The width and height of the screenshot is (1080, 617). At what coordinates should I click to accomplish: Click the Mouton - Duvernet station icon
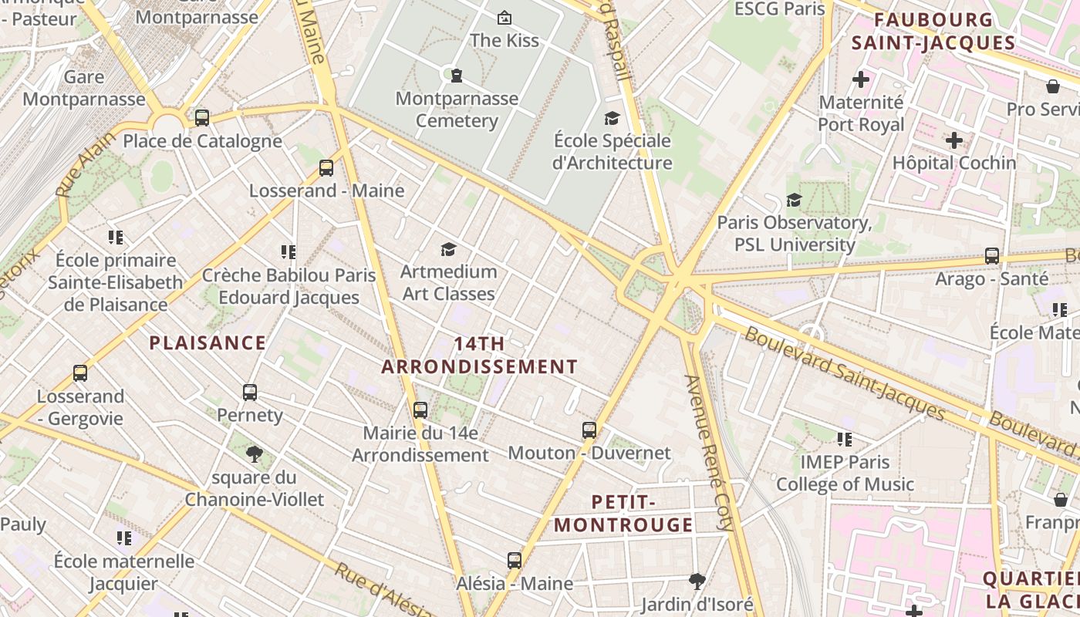[x=589, y=430]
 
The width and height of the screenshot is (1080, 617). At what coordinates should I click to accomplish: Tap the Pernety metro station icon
[x=250, y=393]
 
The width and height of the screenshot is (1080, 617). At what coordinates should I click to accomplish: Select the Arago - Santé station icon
[x=992, y=256]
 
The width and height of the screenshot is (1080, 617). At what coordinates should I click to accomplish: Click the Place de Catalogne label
[x=202, y=141]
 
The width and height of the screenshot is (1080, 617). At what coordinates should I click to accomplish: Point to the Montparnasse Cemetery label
[x=457, y=110]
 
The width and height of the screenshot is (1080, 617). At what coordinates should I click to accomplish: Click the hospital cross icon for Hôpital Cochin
[x=954, y=140]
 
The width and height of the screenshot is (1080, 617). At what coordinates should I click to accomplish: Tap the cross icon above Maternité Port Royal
[x=861, y=79]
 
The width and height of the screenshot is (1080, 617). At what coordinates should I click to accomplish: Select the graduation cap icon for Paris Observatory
[x=794, y=201]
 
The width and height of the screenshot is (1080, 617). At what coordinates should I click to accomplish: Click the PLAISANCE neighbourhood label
[x=208, y=343]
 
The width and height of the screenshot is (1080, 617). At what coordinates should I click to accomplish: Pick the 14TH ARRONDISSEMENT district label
[x=480, y=356]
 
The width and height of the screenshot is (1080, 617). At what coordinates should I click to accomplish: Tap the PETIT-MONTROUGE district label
[x=623, y=514]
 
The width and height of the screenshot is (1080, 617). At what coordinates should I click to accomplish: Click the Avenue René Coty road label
[x=708, y=452]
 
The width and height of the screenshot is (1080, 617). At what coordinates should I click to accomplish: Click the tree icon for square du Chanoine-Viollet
[x=254, y=454]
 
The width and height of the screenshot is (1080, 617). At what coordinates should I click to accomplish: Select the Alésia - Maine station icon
[x=515, y=561]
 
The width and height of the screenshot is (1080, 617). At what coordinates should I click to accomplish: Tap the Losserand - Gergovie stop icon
[x=80, y=373]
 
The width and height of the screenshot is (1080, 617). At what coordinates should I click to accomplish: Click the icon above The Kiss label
[x=505, y=17]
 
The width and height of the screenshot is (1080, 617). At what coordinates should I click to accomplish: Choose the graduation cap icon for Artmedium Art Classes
[x=448, y=249]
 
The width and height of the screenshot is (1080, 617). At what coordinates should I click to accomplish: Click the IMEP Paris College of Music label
[x=845, y=474]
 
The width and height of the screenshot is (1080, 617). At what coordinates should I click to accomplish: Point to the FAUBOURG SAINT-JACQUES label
[x=933, y=31]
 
